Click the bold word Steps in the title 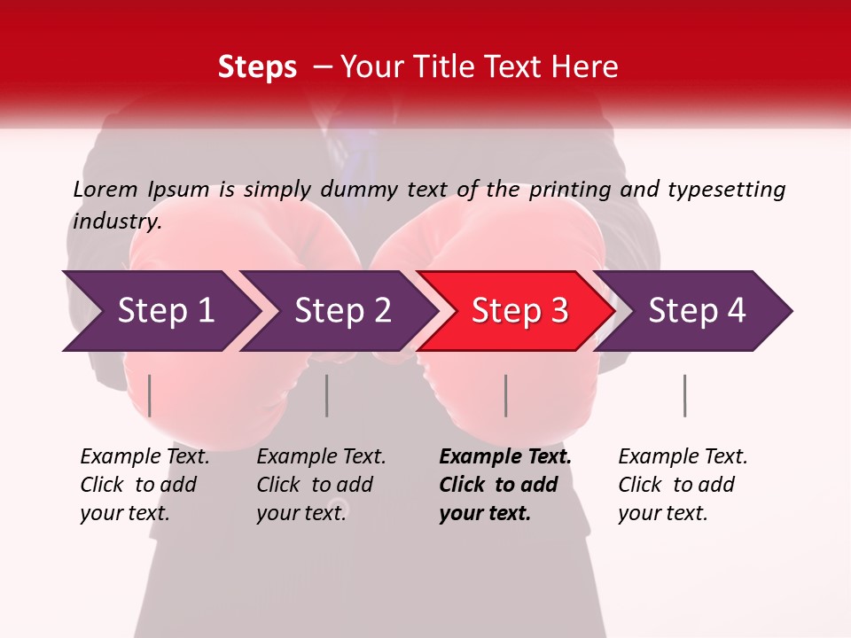[x=257, y=67]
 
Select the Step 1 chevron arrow [x=160, y=311]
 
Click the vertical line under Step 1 [x=150, y=395]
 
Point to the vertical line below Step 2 [x=327, y=395]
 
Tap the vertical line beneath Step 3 [x=506, y=395]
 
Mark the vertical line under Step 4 [x=685, y=395]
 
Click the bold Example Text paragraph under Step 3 [x=505, y=485]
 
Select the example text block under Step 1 [x=144, y=485]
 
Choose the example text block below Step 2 [x=321, y=485]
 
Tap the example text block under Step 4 [x=683, y=485]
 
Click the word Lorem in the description [x=105, y=189]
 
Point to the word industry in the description [x=117, y=222]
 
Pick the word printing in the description [x=568, y=190]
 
